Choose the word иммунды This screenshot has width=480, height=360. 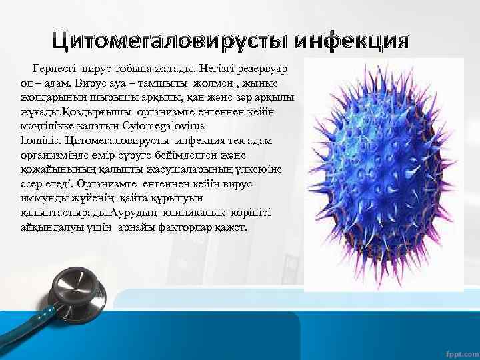pos(41,198)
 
